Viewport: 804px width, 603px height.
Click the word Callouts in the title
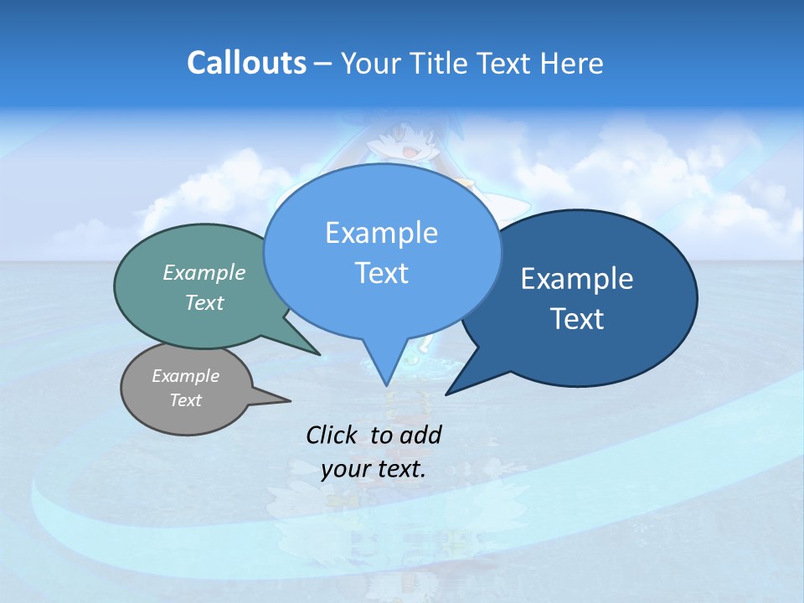pos(246,64)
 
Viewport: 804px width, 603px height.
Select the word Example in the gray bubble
pos(185,376)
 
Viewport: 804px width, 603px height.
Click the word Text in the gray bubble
pos(185,400)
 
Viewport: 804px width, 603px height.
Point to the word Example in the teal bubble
pos(204,273)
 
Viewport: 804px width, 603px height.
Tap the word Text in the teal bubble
pos(204,302)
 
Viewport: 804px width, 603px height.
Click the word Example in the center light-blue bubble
pos(381,233)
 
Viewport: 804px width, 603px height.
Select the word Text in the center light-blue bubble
pos(381,273)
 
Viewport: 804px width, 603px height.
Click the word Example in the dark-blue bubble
pos(576,279)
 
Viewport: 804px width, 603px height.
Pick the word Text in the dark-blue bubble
pos(577,319)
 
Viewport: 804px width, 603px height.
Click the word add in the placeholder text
pos(420,435)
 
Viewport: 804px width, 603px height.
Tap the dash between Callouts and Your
pos(324,64)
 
